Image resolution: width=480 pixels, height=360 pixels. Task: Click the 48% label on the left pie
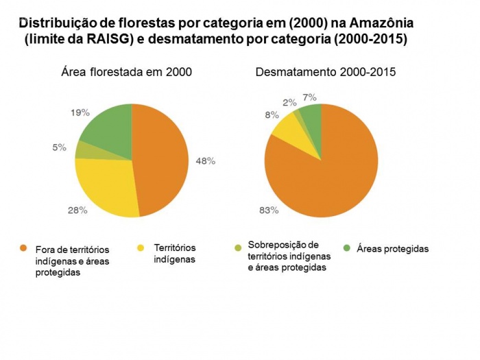206,161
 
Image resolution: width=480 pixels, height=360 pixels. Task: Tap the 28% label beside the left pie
77,211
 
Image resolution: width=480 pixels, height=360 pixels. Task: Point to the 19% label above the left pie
80,112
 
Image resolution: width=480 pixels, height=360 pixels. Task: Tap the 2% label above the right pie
290,103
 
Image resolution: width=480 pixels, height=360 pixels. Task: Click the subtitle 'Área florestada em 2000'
126,72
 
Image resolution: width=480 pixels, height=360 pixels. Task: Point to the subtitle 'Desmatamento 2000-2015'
325,72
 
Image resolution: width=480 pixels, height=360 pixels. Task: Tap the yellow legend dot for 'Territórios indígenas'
143,248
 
